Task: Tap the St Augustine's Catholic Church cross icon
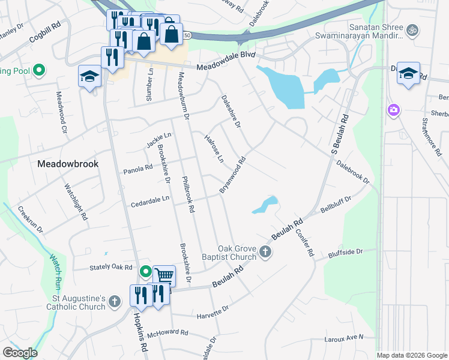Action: tap(116, 303)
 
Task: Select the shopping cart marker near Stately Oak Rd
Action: tap(164, 276)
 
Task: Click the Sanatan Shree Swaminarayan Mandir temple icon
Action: tap(412, 29)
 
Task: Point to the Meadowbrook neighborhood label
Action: tap(68, 163)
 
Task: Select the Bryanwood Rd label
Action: tap(233, 175)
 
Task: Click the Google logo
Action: tap(20, 353)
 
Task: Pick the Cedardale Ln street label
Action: tap(149, 199)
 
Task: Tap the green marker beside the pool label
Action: tap(40, 70)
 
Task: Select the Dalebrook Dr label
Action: tap(352, 171)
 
